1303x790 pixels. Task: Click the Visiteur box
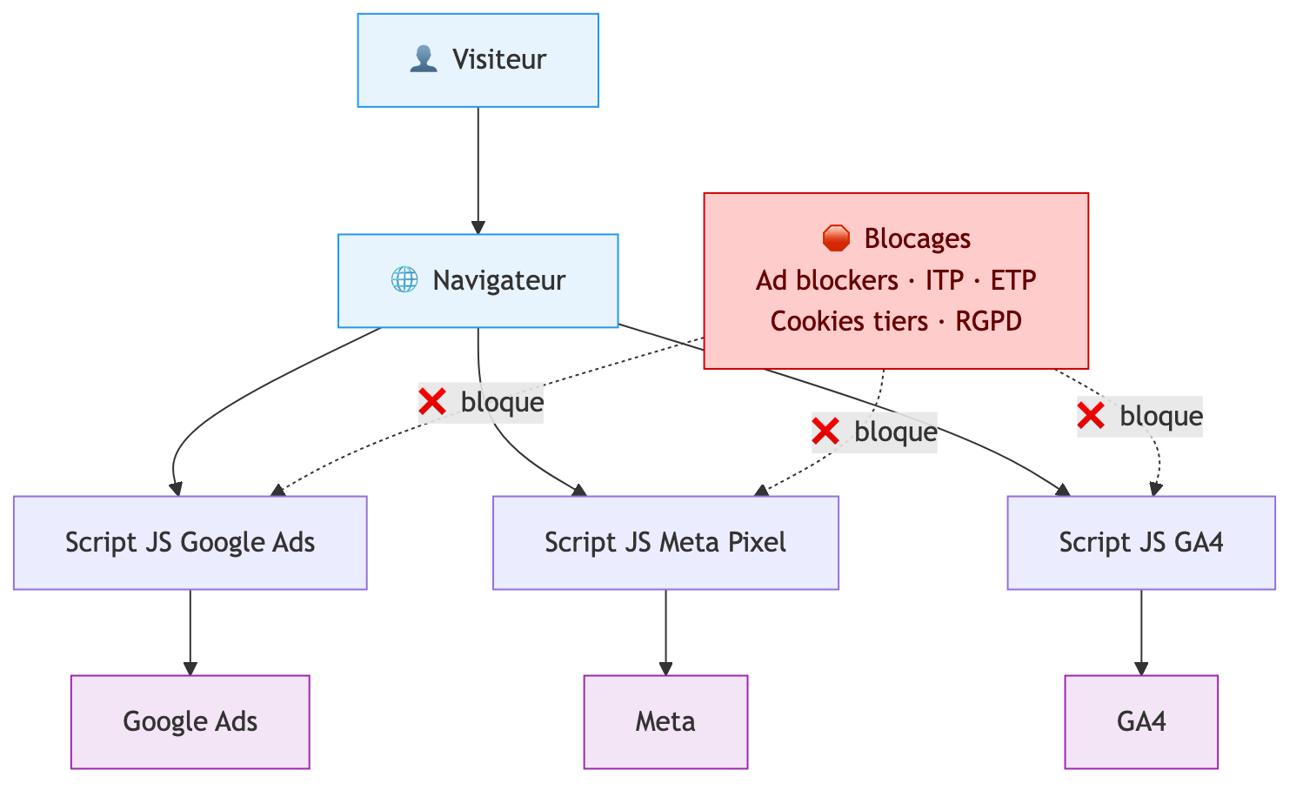(x=478, y=60)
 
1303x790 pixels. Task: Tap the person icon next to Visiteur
(x=423, y=60)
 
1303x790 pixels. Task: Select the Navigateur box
(x=478, y=280)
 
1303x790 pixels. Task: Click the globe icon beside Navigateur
(x=404, y=280)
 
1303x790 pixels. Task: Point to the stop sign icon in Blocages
(x=835, y=238)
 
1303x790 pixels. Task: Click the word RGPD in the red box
(x=988, y=321)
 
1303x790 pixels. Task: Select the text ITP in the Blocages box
(x=944, y=280)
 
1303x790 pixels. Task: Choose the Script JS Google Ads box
(x=190, y=543)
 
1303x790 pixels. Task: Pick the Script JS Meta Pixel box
(x=665, y=543)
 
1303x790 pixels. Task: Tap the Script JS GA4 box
(x=1140, y=543)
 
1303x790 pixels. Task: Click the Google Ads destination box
(x=190, y=722)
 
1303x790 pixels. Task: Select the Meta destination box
(x=665, y=722)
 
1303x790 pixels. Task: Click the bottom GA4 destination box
(x=1140, y=722)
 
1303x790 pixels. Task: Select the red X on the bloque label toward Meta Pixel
(x=825, y=432)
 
